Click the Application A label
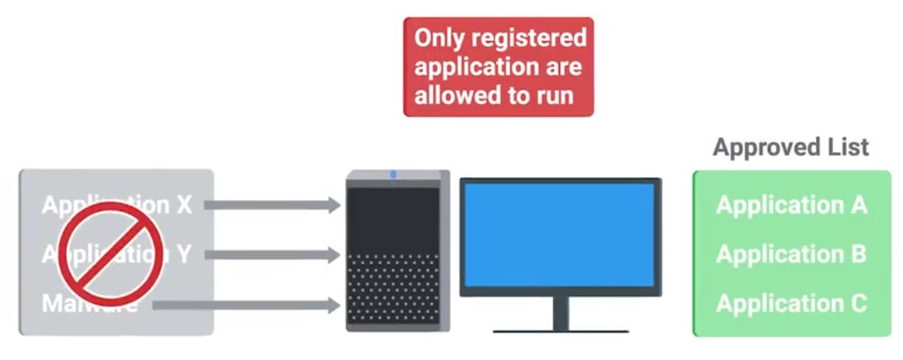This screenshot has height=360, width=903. point(792,204)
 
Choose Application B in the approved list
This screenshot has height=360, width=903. point(792,254)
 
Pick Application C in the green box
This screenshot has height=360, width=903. point(792,303)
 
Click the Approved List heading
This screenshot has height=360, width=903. point(791,147)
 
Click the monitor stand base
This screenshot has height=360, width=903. point(561,330)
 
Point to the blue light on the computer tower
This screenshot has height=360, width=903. point(393,175)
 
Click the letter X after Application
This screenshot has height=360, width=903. point(184,205)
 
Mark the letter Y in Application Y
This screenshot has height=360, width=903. point(184,255)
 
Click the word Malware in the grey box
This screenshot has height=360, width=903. point(89,304)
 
